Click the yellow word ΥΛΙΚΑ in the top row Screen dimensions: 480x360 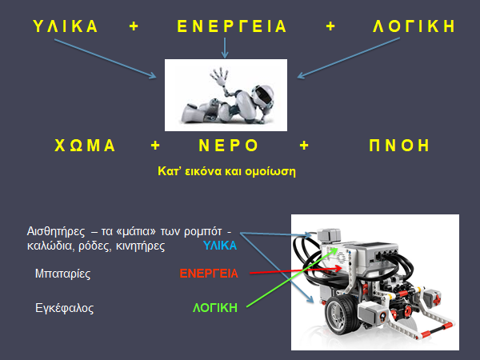point(66,26)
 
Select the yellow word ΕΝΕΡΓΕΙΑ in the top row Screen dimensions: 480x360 point(231,26)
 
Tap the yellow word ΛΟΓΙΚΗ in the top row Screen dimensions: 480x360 point(414,26)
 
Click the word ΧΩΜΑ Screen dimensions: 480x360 point(85,146)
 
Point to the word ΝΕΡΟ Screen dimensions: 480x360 point(228,146)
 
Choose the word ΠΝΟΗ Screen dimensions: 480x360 point(400,146)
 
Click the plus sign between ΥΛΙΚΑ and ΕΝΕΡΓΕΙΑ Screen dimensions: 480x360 point(134,26)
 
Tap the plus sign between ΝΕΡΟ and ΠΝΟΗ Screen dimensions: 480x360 point(304,146)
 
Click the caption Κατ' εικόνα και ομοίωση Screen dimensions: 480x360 point(226,170)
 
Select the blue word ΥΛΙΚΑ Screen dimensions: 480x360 point(220,246)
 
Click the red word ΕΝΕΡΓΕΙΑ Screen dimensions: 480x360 point(209,274)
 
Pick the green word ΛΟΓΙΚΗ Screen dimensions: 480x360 point(215,307)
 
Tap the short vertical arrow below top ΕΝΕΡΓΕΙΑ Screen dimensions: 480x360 point(225,48)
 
